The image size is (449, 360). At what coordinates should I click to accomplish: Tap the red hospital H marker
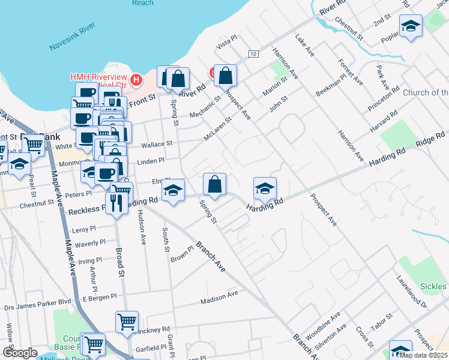coord(136,79)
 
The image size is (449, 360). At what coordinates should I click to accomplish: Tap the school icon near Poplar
coord(411,26)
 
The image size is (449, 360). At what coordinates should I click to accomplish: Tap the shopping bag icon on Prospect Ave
coord(225,76)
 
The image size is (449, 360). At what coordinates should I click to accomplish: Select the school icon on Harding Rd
coord(265,189)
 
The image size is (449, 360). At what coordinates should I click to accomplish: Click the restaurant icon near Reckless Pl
coord(114,203)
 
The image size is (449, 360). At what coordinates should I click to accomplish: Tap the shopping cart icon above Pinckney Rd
coord(127,323)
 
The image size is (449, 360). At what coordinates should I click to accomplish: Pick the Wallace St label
coord(157,145)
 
